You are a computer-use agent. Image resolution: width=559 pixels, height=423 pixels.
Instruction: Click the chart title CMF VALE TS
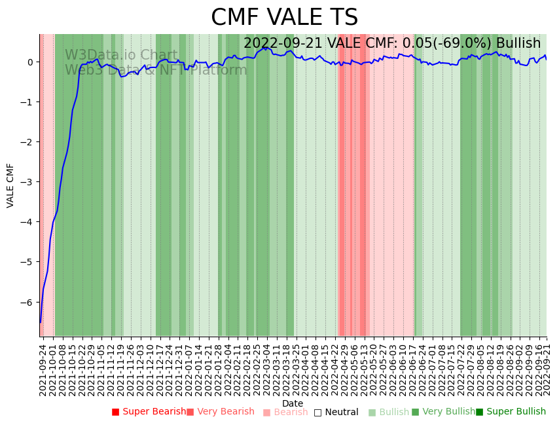coord(284,18)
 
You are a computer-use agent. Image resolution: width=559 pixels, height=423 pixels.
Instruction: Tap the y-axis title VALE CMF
coord(10,185)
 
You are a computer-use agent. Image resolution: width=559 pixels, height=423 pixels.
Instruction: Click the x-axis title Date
coord(293,404)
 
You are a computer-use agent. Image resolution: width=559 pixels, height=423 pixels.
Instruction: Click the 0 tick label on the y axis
coord(30,62)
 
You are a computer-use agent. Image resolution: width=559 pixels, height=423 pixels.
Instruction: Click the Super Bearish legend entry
coord(149,412)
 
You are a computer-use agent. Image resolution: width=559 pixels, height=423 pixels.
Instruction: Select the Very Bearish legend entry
coord(221,412)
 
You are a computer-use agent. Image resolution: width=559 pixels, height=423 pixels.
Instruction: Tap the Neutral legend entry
coord(336,413)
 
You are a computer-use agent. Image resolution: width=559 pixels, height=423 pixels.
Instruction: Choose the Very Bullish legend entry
coord(444,412)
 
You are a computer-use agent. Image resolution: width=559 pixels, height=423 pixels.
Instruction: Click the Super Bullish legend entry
coord(511,412)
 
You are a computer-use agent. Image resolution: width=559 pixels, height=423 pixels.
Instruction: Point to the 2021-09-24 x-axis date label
coord(43,370)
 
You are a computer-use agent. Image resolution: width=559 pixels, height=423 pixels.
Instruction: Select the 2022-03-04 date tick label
coord(266,370)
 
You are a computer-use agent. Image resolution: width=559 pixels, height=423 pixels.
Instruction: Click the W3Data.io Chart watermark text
coord(120,56)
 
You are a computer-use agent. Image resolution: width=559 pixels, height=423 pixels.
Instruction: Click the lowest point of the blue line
coord(41,322)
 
